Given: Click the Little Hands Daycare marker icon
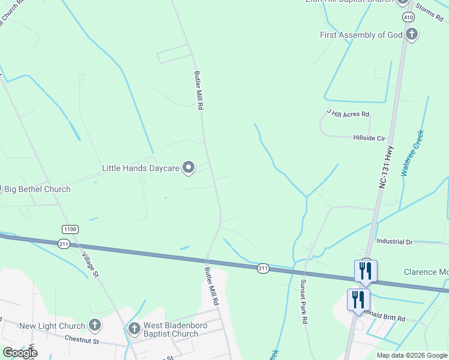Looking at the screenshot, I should tap(189, 168).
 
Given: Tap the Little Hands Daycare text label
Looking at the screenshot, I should tap(140, 169).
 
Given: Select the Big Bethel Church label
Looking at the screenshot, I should tap(37, 189).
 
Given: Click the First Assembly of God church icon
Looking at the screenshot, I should tap(412, 35).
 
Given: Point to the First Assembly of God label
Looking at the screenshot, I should tap(361, 35).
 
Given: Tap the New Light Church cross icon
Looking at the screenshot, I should tap(95, 326).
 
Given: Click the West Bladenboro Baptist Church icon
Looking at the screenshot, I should tap(134, 328).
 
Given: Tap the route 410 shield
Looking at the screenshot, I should tap(408, 17).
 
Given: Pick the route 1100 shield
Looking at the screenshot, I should tap(70, 229).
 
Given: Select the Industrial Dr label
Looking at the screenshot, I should tap(394, 242).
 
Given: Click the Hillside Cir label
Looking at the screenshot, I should tap(369, 138).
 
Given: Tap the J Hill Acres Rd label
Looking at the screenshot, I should tap(348, 112).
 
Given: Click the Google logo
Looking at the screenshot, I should tap(20, 353).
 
